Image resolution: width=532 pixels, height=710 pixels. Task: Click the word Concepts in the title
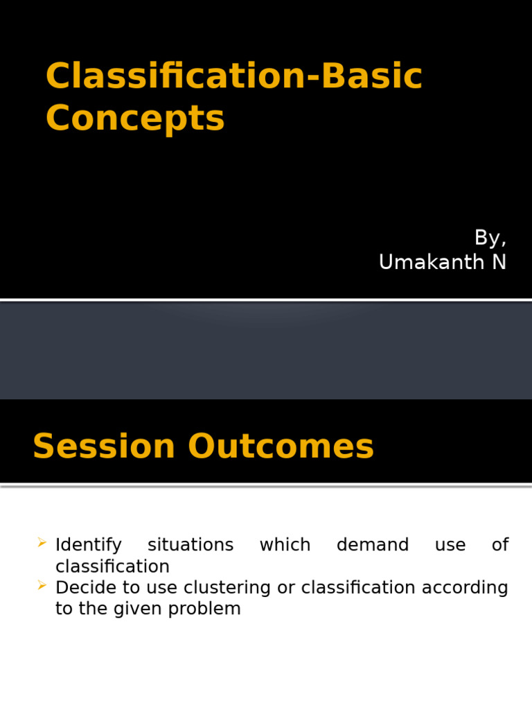(135, 118)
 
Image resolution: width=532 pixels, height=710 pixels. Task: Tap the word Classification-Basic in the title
(233, 76)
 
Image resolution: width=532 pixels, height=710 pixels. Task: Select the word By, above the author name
(490, 238)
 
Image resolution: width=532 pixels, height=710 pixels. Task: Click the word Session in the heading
(104, 446)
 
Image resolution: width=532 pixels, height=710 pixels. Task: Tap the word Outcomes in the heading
(281, 446)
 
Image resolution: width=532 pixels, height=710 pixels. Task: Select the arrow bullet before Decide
(43, 586)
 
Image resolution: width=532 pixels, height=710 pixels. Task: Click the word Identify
(88, 545)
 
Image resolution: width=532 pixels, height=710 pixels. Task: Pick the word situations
(190, 545)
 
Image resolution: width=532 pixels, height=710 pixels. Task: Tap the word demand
(373, 545)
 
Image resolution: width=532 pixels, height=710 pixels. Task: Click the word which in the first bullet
(285, 545)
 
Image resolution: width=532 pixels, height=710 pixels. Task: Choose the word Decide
(83, 588)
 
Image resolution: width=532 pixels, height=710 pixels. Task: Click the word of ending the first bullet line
(500, 545)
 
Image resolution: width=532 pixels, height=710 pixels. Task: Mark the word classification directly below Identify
(112, 566)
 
